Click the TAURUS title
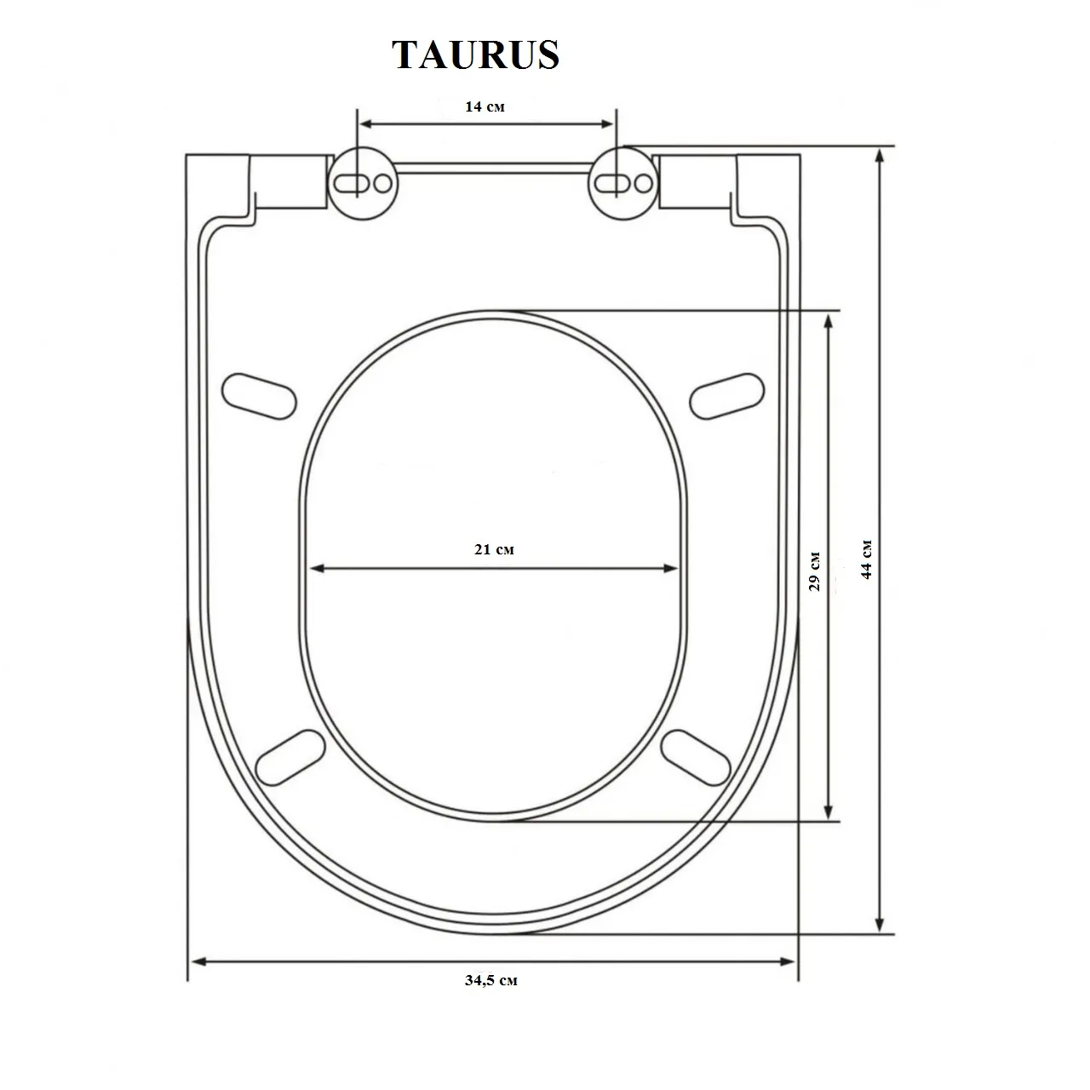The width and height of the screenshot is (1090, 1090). [476, 55]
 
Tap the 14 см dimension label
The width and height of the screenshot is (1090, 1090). [485, 106]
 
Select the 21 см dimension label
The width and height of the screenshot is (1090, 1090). [494, 549]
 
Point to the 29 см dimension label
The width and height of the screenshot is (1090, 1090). [815, 571]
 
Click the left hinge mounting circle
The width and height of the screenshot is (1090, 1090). [363, 183]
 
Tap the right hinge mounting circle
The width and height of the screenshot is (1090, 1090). [623, 183]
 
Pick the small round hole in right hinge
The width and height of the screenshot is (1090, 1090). [643, 183]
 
